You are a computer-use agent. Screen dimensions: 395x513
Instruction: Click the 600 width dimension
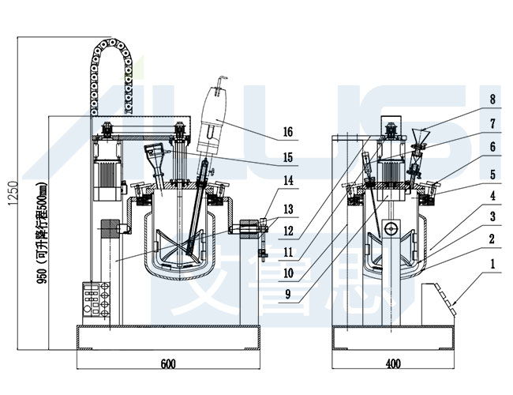(x=167, y=364)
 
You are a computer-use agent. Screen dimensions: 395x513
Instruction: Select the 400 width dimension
(x=392, y=364)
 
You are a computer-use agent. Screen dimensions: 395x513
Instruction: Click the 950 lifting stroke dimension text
(x=62, y=229)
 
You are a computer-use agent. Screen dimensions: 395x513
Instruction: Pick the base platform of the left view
(x=167, y=336)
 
